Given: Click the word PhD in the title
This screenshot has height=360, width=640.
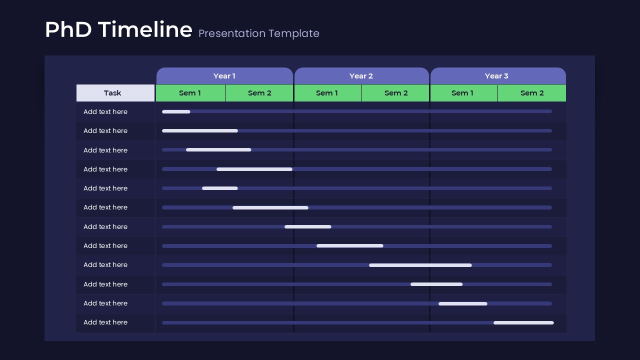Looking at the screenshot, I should [68, 30].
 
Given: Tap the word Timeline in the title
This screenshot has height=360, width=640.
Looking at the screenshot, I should [145, 30].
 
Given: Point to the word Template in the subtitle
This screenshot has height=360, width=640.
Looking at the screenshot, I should [294, 33].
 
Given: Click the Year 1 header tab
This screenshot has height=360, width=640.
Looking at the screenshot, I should [224, 76].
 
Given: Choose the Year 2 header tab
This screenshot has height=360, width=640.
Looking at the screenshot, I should [361, 76].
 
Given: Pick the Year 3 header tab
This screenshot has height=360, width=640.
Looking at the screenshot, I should [496, 76].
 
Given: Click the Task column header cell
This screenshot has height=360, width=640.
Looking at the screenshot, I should [113, 93].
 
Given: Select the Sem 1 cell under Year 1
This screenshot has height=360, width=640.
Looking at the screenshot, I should [190, 93].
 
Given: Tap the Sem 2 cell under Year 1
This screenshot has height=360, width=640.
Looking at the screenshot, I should [259, 93].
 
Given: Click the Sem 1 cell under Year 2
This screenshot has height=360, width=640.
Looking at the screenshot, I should [327, 93].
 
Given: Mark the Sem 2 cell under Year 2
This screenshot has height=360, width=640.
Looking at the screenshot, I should [396, 93].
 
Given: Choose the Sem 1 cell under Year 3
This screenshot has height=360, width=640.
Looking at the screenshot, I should [462, 93].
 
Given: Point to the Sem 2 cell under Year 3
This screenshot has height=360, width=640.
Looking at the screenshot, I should [532, 93].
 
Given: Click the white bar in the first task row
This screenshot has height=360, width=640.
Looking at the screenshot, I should [176, 111].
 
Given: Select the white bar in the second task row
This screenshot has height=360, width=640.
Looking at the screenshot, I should [200, 131].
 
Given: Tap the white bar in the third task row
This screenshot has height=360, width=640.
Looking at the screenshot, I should [218, 150].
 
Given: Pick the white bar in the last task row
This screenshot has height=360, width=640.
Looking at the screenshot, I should [523, 322].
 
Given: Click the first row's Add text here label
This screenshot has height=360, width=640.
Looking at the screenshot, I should [105, 112].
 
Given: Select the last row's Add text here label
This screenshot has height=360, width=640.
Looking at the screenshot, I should [105, 322].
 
